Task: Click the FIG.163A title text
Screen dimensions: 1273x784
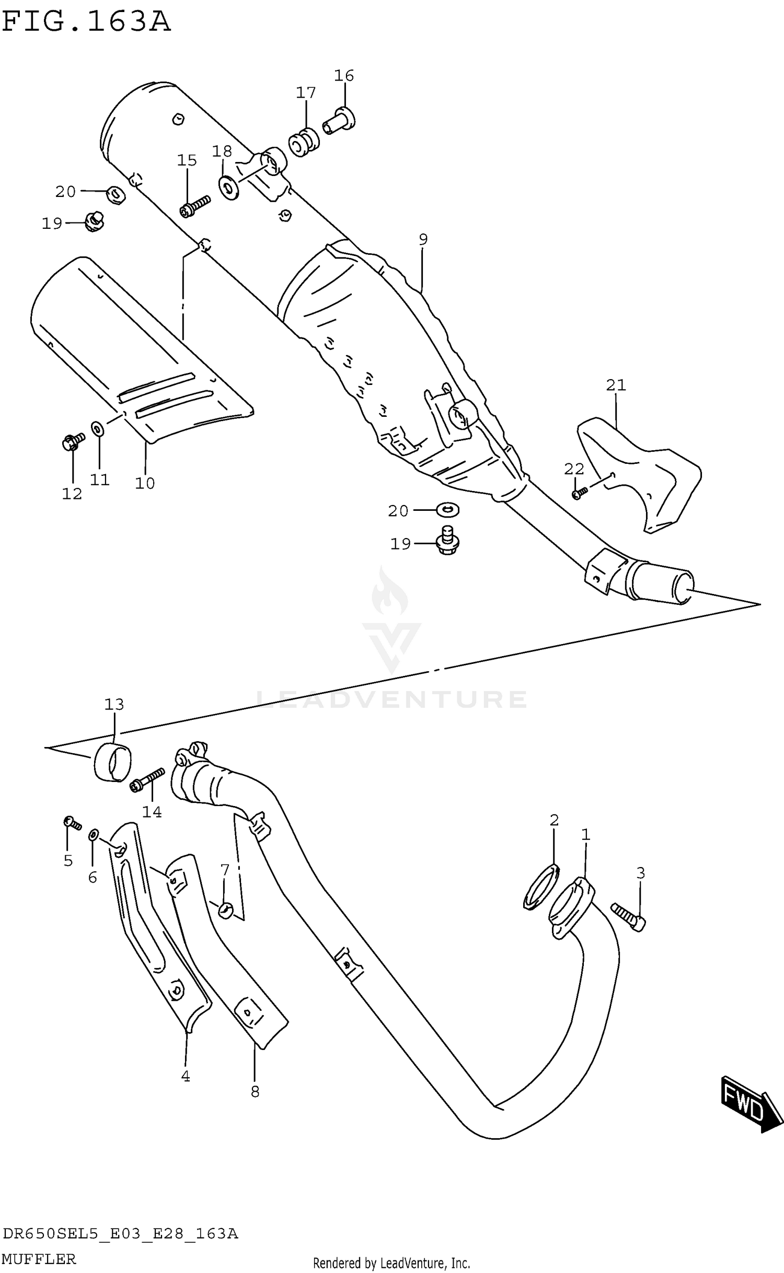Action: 86,22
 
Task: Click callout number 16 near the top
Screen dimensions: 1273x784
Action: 344,76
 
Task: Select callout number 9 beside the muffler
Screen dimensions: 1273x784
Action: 423,239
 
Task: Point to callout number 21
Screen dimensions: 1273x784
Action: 616,385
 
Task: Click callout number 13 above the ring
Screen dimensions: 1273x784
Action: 114,705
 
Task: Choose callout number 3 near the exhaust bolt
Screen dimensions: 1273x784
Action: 640,873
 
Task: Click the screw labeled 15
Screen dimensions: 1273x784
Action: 194,206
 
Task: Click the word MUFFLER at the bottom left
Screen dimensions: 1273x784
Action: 39,1259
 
